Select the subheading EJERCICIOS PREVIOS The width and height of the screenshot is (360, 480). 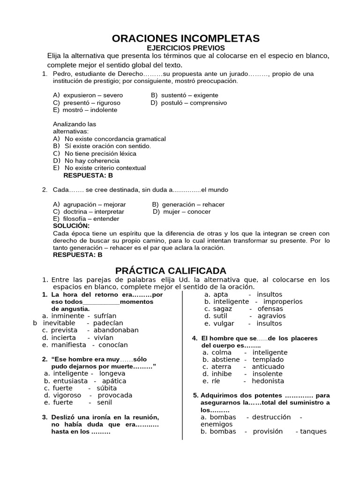tap(186, 48)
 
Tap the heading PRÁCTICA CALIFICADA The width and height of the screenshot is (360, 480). tap(171, 270)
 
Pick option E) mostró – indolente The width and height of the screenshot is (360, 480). tap(85, 110)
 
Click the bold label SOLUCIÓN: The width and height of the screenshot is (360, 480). tap(71, 226)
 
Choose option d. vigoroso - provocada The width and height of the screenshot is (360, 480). tap(88, 395)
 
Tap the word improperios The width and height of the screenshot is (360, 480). tap(283, 301)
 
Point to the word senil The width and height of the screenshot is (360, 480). tap(105, 402)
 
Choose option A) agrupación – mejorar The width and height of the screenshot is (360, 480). tap(89, 204)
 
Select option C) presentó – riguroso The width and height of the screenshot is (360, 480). tap(87, 103)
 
